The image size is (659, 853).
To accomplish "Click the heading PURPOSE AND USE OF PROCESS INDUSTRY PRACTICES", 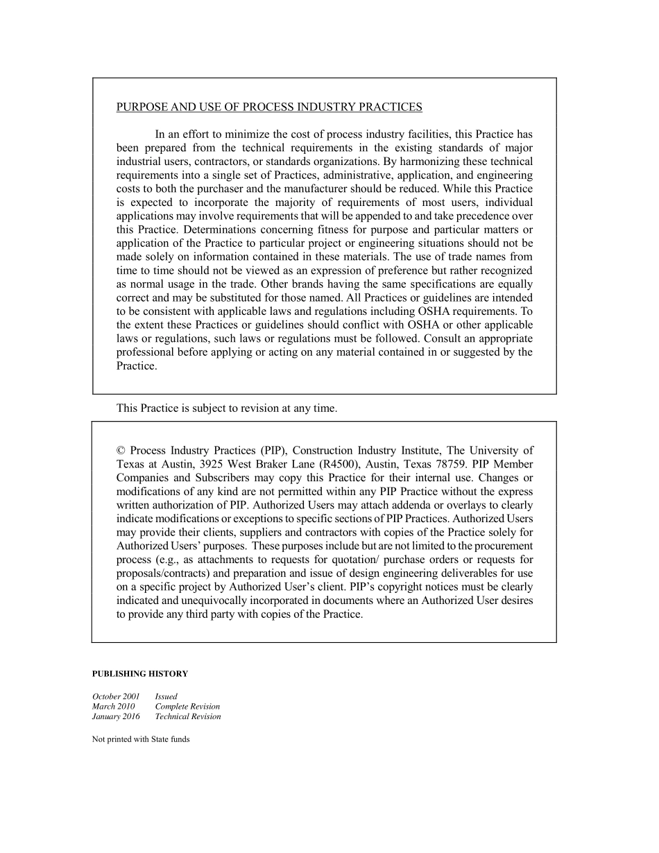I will pos(269,107).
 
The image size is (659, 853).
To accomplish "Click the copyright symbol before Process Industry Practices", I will pos(121,451).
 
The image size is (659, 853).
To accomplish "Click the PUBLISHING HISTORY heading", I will pos(140,673).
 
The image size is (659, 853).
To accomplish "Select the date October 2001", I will pos(116,696).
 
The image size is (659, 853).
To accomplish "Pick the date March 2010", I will pos(114,707).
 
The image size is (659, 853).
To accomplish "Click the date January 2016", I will pos(116,716).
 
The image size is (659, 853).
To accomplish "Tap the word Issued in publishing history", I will pos(166,696).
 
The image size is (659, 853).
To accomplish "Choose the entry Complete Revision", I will pos(187,707).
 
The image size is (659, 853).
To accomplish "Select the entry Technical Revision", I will pos(188,716).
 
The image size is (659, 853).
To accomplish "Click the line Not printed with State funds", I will pos(141,739).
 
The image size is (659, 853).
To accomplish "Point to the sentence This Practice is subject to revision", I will pos(227,408).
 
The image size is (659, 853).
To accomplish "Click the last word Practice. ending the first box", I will pos(137,365).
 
